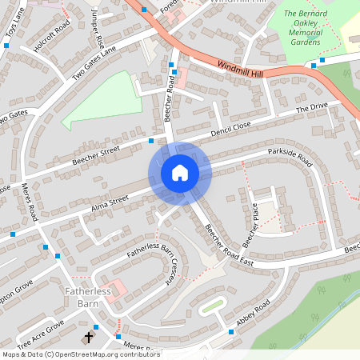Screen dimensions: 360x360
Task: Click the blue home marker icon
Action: pyautogui.click(x=180, y=173)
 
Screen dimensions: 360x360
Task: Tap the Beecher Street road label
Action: pyautogui.click(x=95, y=155)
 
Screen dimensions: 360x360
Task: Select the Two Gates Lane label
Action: pyautogui.click(x=94, y=61)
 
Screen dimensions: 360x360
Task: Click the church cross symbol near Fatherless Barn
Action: pyautogui.click(x=88, y=338)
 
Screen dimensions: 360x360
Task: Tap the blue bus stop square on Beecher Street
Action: pyautogui.click(x=152, y=140)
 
